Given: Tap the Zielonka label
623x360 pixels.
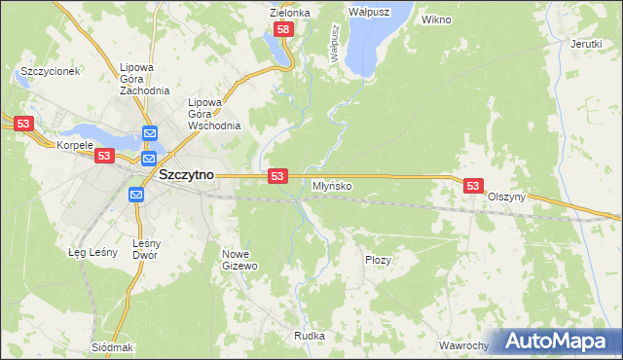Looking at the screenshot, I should click(289, 13).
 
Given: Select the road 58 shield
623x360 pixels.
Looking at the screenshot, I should click(283, 31).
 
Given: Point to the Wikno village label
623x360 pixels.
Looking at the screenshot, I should click(436, 18).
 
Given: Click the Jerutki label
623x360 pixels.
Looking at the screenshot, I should click(586, 44).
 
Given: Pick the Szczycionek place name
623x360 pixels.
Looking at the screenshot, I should click(49, 72).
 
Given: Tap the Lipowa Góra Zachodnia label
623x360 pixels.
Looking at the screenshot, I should click(137, 79).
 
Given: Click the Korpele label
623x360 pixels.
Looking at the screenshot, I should click(75, 145).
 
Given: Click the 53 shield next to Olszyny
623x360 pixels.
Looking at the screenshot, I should click(473, 185).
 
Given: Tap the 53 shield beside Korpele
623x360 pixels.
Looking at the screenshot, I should click(105, 156).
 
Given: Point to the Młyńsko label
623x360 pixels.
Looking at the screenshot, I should click(332, 185).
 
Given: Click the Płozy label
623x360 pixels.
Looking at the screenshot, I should click(378, 260).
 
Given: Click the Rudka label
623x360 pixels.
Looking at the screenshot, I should click(309, 336).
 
